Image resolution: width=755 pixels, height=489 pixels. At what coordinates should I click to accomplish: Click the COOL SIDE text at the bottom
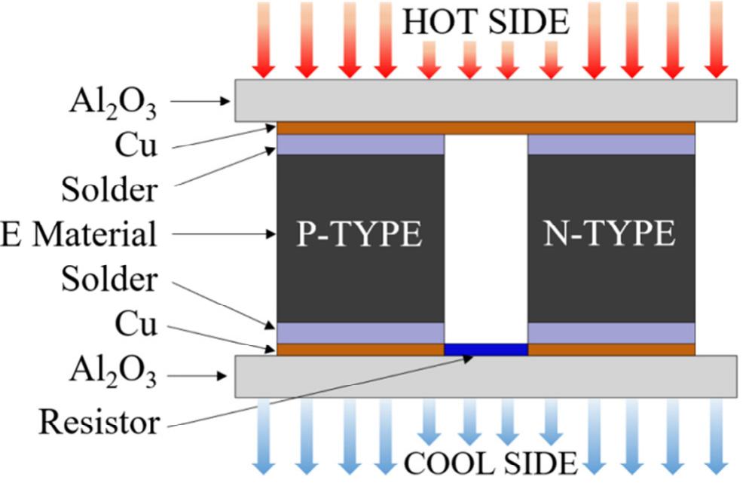click(491, 461)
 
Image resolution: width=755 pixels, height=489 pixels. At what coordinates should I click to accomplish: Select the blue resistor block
click(486, 350)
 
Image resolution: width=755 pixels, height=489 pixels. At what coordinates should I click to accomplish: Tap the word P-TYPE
click(360, 235)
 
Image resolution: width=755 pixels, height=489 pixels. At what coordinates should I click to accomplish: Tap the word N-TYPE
click(610, 235)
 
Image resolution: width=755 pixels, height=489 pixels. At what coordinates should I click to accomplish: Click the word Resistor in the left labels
click(99, 422)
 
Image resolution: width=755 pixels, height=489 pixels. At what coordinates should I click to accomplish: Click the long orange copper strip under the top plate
click(486, 128)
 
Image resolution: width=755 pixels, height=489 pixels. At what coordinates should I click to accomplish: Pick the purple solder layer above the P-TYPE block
click(360, 144)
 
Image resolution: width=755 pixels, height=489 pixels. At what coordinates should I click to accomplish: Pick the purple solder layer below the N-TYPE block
click(611, 332)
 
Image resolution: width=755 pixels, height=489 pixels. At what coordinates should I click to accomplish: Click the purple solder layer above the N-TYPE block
click(611, 144)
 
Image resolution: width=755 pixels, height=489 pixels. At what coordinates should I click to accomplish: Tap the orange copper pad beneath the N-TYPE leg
click(611, 350)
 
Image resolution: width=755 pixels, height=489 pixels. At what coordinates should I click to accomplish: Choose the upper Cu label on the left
click(136, 145)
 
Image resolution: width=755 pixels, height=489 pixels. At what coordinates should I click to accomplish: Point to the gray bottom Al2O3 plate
click(486, 376)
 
